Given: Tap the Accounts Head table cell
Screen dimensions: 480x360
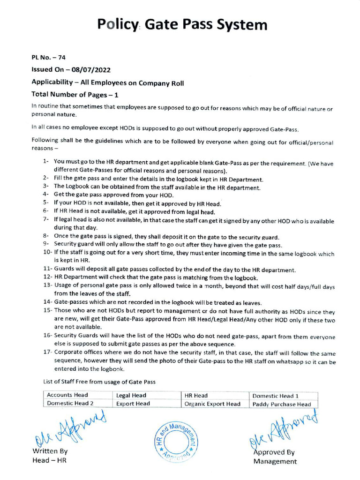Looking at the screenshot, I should pos(67,395).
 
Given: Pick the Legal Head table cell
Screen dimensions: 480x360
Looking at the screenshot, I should pos(131,395).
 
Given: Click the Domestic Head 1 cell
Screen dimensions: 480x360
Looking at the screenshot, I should pos(275,396).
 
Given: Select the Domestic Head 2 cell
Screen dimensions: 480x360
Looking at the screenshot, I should pos(70,403).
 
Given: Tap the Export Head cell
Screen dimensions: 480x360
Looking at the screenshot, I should pos(133,403).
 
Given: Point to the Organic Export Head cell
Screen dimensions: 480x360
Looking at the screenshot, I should pos(213,404).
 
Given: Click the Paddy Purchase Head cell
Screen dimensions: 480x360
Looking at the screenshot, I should pos(281,404).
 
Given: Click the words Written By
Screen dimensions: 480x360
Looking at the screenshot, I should pos(50,451).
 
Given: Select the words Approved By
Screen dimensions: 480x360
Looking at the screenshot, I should pos(274,452).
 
